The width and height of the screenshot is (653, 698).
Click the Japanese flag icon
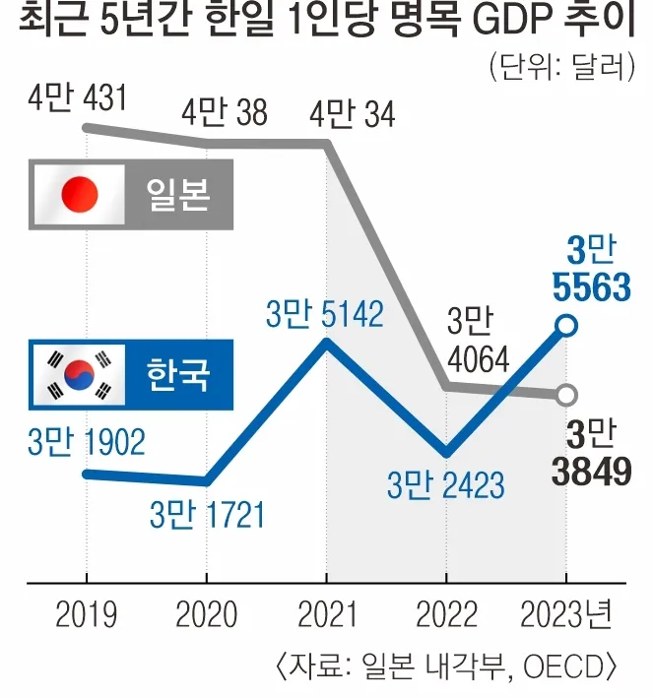[x=79, y=192]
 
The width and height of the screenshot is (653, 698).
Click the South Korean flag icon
[x=79, y=374]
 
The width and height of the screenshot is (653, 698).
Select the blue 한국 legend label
[x=178, y=374]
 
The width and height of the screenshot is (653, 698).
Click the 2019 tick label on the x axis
[x=86, y=615]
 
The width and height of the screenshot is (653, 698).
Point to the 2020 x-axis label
[x=207, y=615]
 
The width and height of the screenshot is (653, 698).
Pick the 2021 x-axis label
[x=326, y=615]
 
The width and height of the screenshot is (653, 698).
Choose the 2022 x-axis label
[x=446, y=615]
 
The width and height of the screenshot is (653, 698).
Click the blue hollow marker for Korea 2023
[x=565, y=325]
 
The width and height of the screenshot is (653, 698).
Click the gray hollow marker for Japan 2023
[x=565, y=396]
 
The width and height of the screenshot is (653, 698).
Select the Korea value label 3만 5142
[x=325, y=315]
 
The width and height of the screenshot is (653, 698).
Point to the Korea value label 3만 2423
[x=445, y=484]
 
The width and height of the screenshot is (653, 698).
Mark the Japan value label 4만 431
[x=88, y=100]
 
